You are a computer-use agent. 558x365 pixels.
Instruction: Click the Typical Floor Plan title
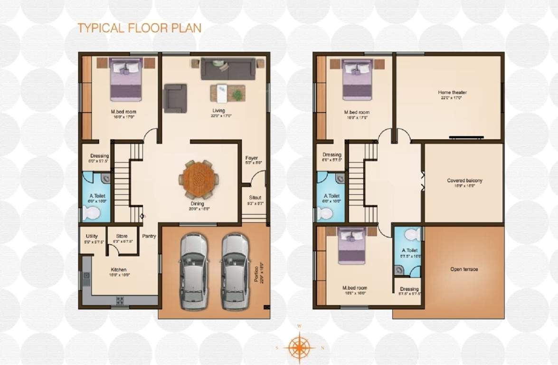[x=139, y=28]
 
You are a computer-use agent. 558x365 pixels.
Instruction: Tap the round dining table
[x=199, y=180]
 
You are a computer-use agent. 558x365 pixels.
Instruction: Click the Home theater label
[x=452, y=92]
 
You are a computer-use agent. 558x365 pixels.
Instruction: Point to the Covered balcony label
[x=464, y=181]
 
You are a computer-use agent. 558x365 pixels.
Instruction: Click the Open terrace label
[x=464, y=269]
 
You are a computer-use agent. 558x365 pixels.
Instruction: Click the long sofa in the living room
[x=228, y=68]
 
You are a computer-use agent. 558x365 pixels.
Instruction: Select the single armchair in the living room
[x=175, y=98]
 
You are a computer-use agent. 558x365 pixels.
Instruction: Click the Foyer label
[x=252, y=158]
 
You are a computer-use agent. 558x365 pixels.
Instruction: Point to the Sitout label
[x=255, y=198]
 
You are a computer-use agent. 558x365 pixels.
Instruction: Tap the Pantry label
[x=149, y=236]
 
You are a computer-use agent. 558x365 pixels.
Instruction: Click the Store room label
[x=122, y=236]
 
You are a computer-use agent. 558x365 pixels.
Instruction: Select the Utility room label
[x=92, y=236]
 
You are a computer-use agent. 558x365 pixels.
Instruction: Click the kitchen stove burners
[x=120, y=300]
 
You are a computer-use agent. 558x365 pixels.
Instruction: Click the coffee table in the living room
[x=227, y=93]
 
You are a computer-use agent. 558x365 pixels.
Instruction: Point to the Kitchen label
[x=119, y=270]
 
